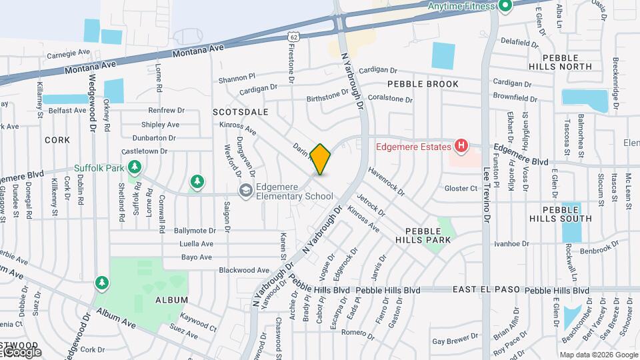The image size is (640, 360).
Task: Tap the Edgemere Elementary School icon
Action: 246,191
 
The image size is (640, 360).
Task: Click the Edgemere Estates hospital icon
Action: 461,145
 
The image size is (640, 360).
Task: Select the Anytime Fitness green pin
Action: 505,7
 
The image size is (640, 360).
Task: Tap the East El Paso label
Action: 485,290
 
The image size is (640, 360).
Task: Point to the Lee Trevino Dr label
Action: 486,193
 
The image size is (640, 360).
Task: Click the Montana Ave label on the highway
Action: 198,51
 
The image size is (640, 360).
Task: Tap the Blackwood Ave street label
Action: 244,270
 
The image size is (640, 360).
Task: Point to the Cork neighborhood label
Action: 57,140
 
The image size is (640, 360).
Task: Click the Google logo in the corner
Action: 21,351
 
